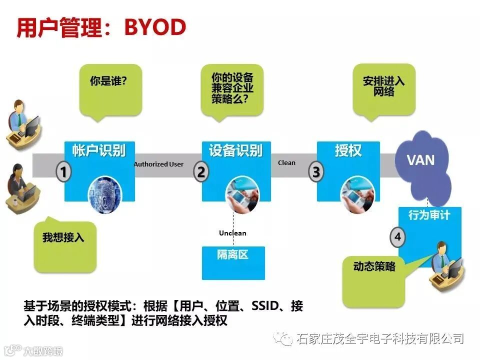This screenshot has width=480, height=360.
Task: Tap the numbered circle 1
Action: click(x=63, y=172)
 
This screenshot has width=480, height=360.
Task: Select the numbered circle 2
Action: click(x=201, y=172)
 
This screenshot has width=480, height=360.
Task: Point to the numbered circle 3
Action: click(x=316, y=172)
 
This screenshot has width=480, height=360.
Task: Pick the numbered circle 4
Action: click(x=397, y=237)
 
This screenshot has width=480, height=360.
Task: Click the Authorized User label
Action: click(x=158, y=164)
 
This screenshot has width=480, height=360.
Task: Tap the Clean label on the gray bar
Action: click(x=286, y=162)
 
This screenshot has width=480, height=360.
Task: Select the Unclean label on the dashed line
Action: click(x=232, y=233)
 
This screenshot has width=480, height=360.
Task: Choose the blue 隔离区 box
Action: click(x=232, y=262)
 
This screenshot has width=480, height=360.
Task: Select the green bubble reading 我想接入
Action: click(x=63, y=245)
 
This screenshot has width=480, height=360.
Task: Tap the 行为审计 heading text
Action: click(x=429, y=215)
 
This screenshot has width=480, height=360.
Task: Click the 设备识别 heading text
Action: click(x=235, y=150)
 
